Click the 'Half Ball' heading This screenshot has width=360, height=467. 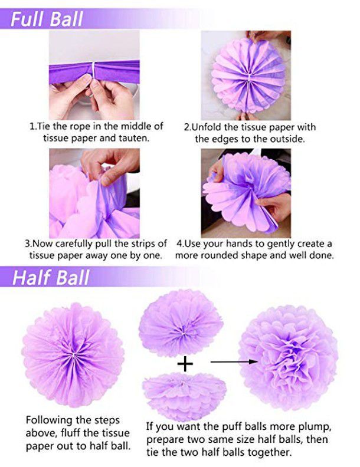pos(51,277)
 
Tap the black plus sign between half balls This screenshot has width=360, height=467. pos(185,364)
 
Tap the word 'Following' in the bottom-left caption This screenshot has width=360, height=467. pos(50,420)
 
